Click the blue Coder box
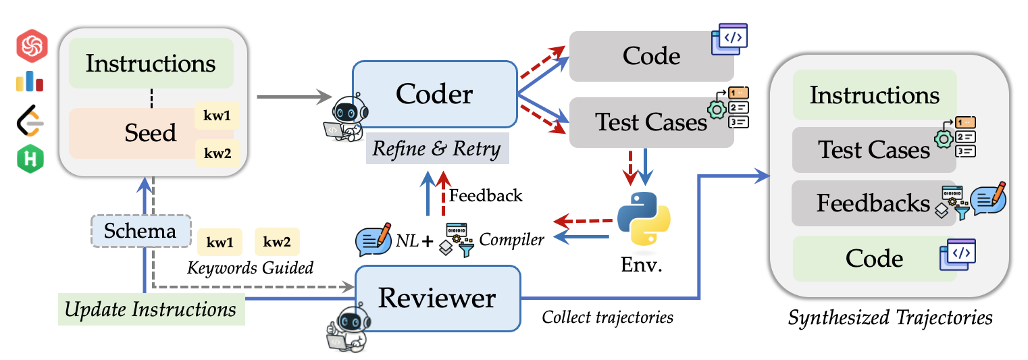coord(435,94)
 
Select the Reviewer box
coord(438,299)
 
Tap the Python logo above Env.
coord(644,218)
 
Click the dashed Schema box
coord(141,231)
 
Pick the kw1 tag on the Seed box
coord(217,115)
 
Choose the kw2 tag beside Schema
coord(277,242)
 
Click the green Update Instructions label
coord(151,309)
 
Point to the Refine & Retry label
coord(437,149)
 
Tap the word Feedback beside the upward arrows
coord(486,196)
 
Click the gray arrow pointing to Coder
coord(294,97)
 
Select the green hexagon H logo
coord(30,159)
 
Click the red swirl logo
coord(32,45)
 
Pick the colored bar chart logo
coord(30,82)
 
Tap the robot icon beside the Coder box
coord(346,118)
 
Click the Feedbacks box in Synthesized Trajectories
coord(874,203)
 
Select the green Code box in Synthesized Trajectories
coord(874,259)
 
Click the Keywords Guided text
coord(250,268)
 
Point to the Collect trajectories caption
coord(608,317)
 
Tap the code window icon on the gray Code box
coord(729,38)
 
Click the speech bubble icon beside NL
coord(374,239)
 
